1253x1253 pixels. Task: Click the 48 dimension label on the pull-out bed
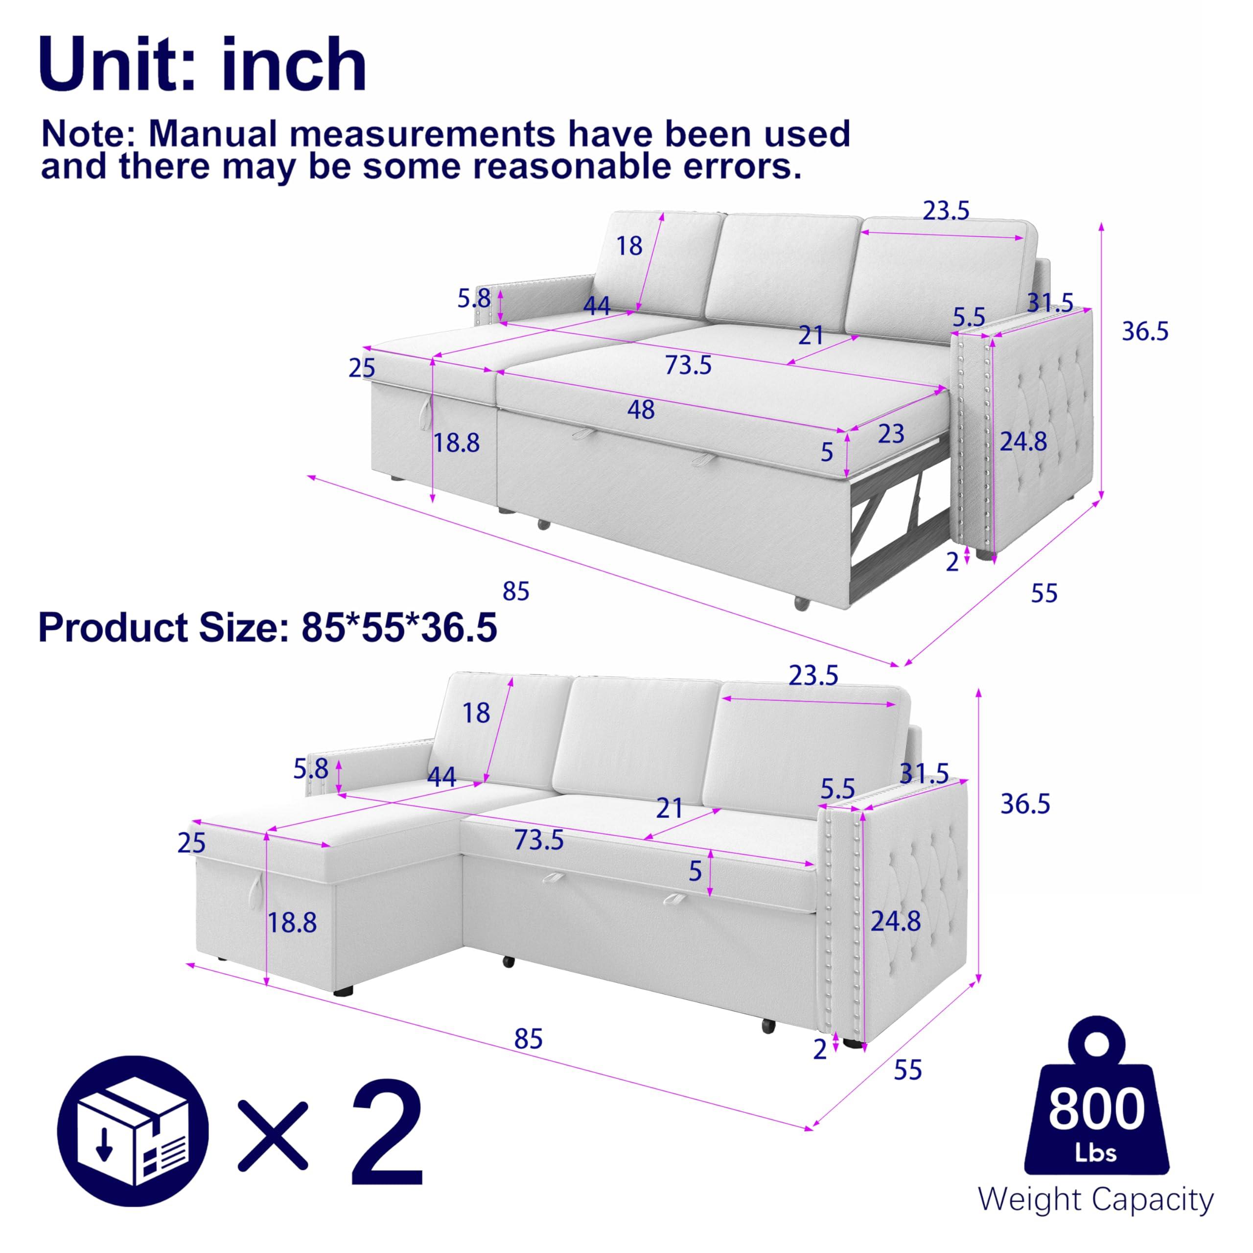click(640, 410)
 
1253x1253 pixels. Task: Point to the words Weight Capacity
click(1095, 1199)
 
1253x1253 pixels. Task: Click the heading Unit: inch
click(202, 65)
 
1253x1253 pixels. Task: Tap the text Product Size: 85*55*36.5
click(267, 628)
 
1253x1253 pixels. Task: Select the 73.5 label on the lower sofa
click(538, 840)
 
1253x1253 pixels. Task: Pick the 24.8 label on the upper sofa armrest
click(1023, 441)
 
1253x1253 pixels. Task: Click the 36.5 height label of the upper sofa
click(1145, 331)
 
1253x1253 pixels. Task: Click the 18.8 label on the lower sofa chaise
click(293, 922)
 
